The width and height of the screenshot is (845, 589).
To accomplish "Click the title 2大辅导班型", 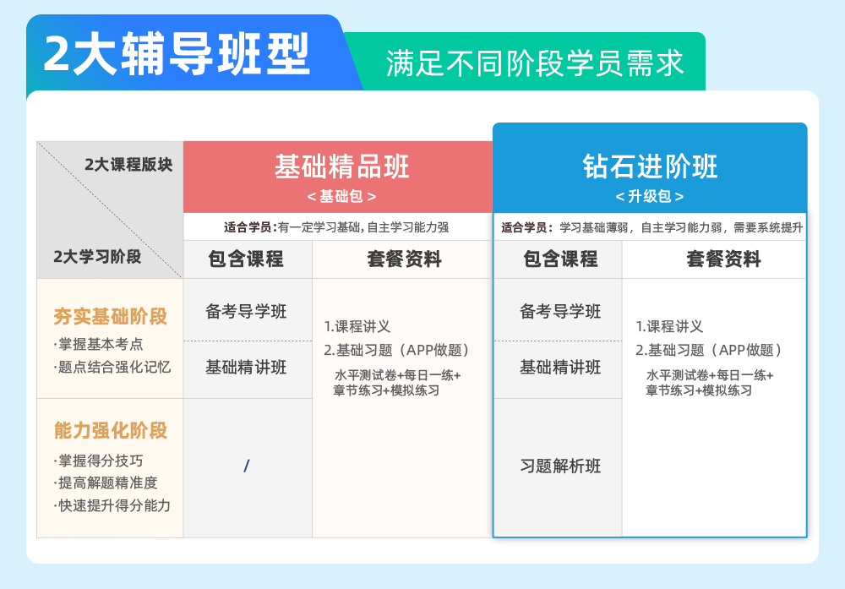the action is click(x=177, y=53).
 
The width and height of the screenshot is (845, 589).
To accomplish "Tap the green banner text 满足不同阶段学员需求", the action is click(x=535, y=63).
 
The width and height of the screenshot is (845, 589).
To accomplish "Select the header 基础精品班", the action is click(x=341, y=166).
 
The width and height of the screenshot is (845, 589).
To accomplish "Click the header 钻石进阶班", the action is click(x=650, y=166).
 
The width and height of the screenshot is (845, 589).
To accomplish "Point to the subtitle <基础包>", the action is click(x=341, y=196).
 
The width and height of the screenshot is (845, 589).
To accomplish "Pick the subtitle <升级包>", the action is click(x=650, y=196).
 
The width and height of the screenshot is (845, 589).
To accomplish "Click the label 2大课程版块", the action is click(x=128, y=164).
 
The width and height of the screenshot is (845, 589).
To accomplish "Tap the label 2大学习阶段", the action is click(x=97, y=257).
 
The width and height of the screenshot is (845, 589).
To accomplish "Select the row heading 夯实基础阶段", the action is click(x=111, y=316).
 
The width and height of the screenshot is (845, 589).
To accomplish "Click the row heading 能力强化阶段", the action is click(x=111, y=431).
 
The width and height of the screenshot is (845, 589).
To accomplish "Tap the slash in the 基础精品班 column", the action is click(x=246, y=466).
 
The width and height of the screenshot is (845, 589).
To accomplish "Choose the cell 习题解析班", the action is click(x=560, y=466).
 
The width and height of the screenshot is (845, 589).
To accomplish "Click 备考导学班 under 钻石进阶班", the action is click(x=560, y=311).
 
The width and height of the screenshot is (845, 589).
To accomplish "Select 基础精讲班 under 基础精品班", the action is click(x=246, y=368).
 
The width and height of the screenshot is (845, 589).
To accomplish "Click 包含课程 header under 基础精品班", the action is click(x=246, y=259).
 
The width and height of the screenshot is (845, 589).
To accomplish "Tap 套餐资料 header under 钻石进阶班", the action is click(x=724, y=259).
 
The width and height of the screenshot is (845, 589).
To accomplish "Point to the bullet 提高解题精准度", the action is click(x=106, y=483).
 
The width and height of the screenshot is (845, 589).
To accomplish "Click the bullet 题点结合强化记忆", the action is click(x=112, y=367).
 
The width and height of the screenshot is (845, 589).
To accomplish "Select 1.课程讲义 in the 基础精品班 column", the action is click(x=357, y=326).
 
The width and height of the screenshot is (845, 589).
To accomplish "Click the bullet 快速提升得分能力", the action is click(x=112, y=505).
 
